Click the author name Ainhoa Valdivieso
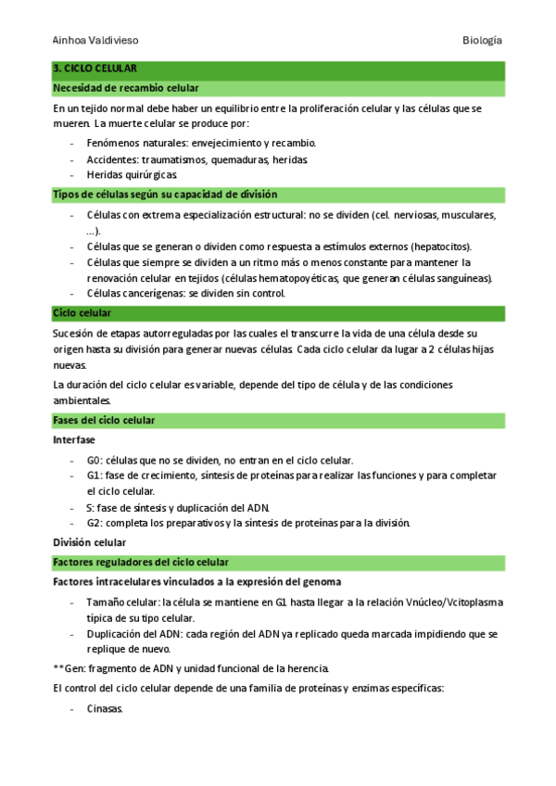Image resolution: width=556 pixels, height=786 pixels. (x=95, y=41)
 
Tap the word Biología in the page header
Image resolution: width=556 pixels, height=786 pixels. (x=483, y=41)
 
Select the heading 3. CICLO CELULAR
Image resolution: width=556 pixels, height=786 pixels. (x=95, y=70)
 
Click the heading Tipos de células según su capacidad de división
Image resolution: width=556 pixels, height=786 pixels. (x=166, y=195)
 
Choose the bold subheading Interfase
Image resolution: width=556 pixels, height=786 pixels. (x=74, y=440)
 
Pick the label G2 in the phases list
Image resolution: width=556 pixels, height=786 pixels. (x=94, y=523)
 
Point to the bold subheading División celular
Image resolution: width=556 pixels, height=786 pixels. (x=90, y=542)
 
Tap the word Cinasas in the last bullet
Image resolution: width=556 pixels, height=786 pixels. (x=105, y=710)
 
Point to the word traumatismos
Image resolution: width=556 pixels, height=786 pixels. (x=193, y=159)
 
